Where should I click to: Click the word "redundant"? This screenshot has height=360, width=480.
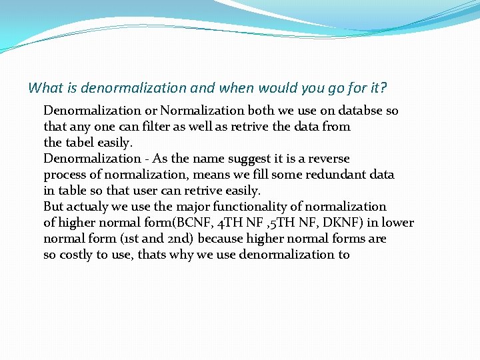click(332, 175)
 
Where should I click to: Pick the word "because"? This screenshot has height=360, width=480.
click(222, 239)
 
